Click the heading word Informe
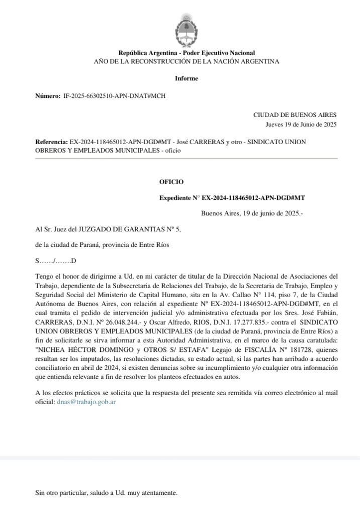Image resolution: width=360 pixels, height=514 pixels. pos(186,78)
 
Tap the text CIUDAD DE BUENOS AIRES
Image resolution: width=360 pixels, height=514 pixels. pos(295,115)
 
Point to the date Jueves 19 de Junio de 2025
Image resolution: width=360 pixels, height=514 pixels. pos(301,124)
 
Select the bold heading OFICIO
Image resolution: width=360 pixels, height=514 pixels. pos(172,182)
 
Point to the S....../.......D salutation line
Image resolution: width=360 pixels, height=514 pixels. pos(55,261)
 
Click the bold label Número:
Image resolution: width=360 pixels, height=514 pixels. pos(47,95)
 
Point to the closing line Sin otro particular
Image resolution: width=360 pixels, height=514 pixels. pos(106,493)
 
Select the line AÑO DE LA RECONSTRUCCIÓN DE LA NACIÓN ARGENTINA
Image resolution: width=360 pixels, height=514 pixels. pos(186,61)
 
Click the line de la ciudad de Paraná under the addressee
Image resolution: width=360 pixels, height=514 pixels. pos(102,245)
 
